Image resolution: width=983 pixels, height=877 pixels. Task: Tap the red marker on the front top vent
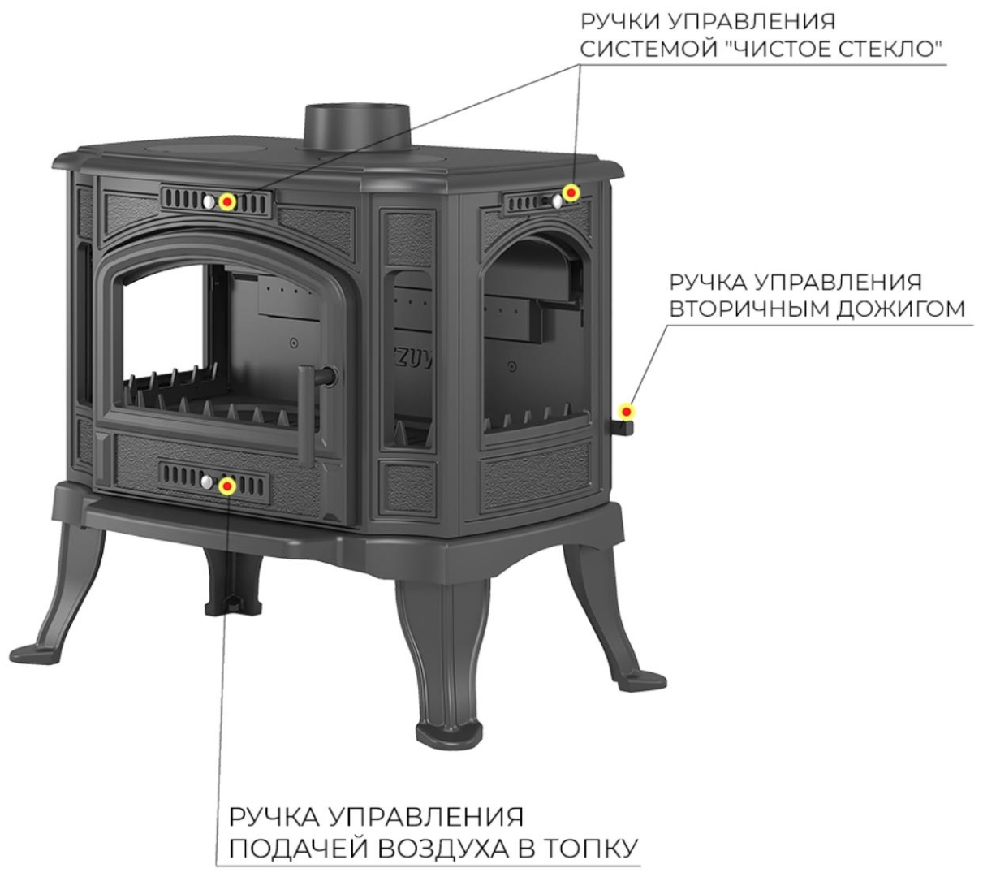pos(227,201)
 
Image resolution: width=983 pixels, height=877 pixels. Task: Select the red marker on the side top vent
pos(571,192)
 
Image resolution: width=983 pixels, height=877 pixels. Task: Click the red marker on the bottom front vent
pos(227,486)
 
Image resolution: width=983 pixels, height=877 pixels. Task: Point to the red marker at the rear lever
pos(627,412)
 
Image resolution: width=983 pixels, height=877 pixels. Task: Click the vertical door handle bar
pos(306,415)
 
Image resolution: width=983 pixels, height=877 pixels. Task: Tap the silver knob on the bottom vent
pos(207,482)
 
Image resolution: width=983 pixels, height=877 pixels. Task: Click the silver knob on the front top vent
pos(209,201)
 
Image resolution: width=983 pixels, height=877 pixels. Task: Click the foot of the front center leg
pos(449,737)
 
